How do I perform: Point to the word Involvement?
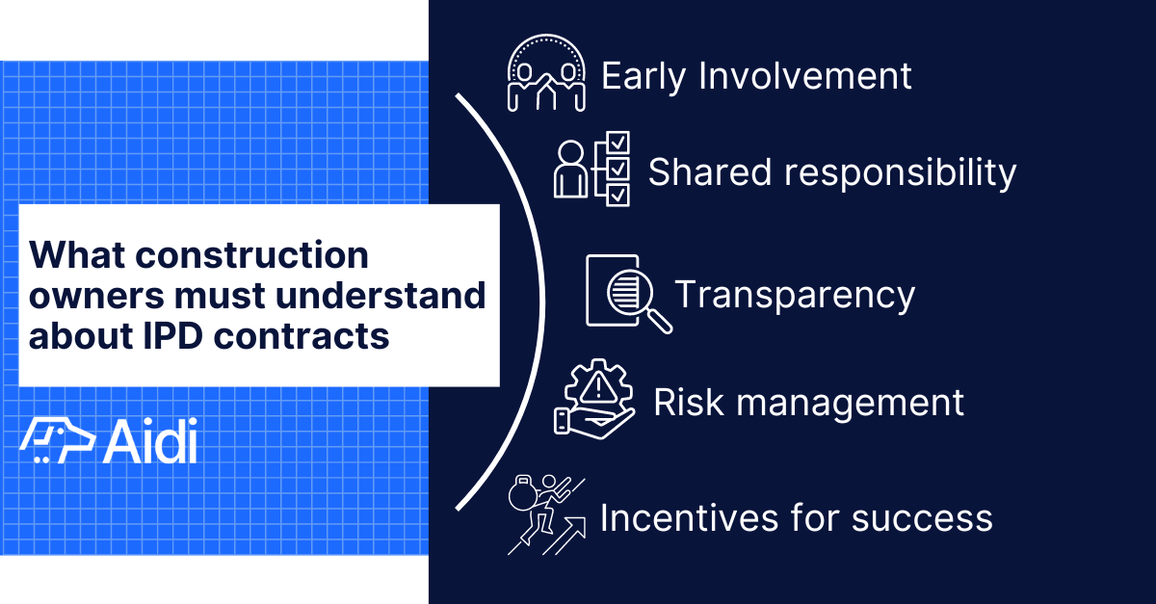click(805, 76)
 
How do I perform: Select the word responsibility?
click(899, 174)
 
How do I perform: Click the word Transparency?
click(794, 295)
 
